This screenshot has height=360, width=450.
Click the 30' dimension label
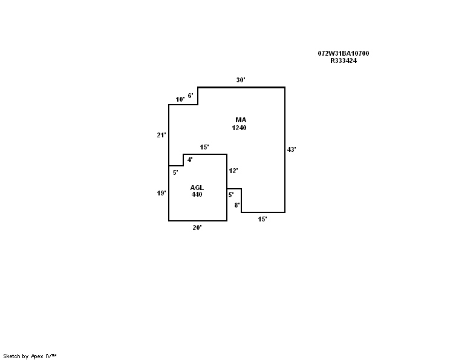241,80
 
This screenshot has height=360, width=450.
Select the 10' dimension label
180,99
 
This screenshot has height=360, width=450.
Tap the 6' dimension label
191,96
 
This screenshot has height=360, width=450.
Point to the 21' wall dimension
161,135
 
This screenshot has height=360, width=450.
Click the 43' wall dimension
292,149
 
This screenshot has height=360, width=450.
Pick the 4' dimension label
190,160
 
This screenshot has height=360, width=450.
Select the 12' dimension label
233,171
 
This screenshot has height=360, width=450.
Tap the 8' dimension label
237,205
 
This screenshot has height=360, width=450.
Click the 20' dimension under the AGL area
197,227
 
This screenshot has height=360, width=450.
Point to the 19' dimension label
161,193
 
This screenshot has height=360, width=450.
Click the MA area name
241,120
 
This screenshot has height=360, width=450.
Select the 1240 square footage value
239,128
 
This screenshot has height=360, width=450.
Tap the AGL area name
197,188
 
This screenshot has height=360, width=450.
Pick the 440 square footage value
197,194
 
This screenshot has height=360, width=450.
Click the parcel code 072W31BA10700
344,53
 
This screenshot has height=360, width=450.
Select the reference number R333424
344,61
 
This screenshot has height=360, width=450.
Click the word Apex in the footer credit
37,356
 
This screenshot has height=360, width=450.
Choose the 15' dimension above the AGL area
204,147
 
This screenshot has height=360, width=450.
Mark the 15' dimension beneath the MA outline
262,220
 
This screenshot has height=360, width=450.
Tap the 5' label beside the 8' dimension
231,195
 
